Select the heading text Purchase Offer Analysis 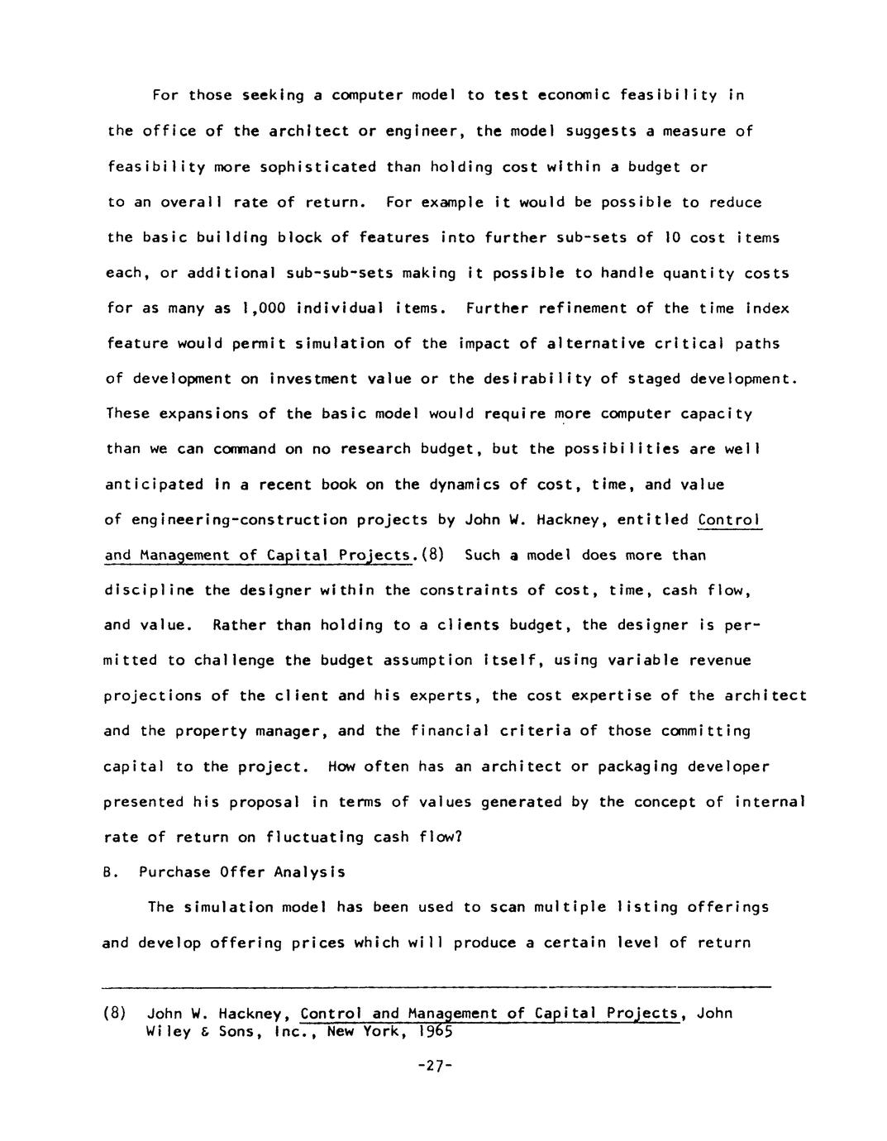(241, 871)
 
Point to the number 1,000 (263, 308)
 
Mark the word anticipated (154, 485)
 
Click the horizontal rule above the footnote (436, 986)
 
